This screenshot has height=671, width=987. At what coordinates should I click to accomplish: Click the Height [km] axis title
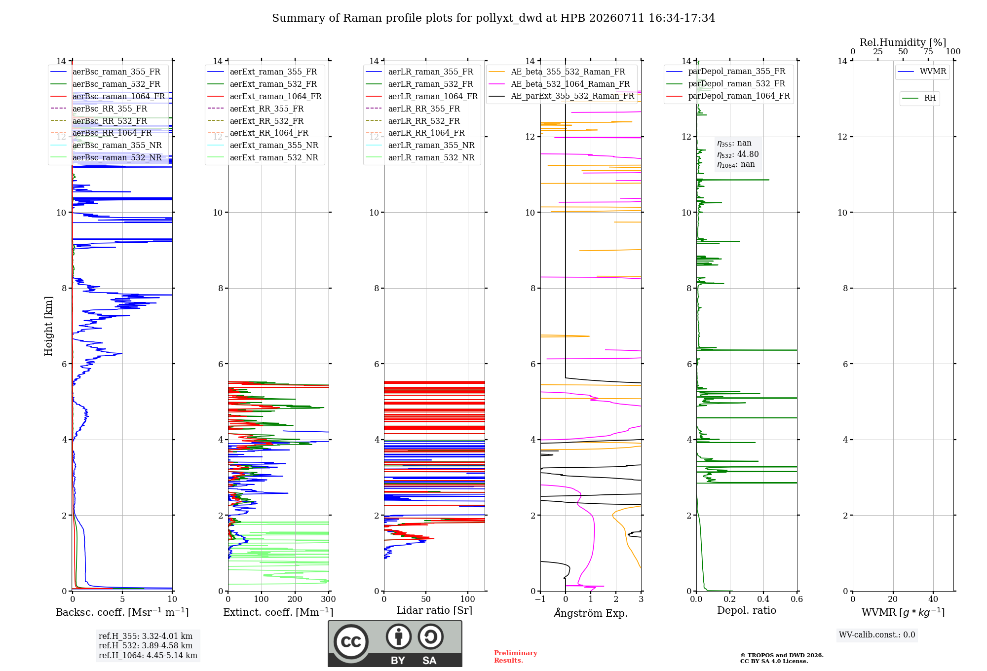pos(48,326)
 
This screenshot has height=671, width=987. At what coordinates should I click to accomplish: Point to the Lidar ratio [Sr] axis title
pos(434,610)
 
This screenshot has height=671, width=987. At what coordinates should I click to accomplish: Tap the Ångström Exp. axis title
pos(591,613)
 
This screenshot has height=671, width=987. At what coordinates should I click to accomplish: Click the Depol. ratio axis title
pos(747,610)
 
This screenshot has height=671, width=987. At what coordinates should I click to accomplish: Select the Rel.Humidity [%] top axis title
pos(903,42)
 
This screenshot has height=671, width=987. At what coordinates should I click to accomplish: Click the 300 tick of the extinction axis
pos(328,599)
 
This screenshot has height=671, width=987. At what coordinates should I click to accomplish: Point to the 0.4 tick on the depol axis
pos(763,599)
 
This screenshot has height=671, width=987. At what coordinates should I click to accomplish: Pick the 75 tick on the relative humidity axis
pos(928,51)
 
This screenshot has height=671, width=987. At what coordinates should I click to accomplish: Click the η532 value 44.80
pos(748,154)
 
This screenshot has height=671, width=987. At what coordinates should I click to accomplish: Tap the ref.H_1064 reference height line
pos(148,655)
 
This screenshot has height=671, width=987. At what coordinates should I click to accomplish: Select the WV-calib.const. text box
pos(877,635)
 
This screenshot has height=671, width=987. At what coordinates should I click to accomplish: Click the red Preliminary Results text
pos(516,657)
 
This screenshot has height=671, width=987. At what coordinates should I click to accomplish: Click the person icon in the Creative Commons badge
pos(399,637)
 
